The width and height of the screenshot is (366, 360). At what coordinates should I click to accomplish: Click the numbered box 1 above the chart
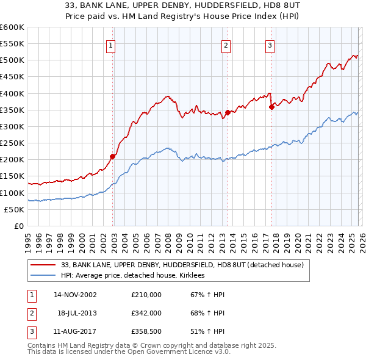[x=111, y=44]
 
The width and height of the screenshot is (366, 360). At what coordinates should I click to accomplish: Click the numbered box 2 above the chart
[x=226, y=44]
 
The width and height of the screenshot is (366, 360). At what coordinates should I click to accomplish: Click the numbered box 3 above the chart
[x=270, y=44]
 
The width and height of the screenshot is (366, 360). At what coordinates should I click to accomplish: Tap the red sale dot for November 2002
[x=113, y=156]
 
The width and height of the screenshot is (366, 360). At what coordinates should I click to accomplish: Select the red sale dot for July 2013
[x=228, y=112]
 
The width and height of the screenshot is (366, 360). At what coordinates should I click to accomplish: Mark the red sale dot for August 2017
[x=271, y=107]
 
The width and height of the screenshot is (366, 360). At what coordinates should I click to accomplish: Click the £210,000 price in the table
[x=146, y=295]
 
